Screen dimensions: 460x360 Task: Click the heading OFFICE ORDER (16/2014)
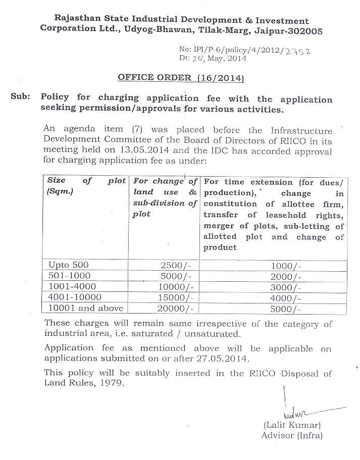[181, 78]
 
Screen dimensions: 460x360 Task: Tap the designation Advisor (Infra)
[292, 435]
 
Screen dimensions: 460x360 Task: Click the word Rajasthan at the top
[75, 19]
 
